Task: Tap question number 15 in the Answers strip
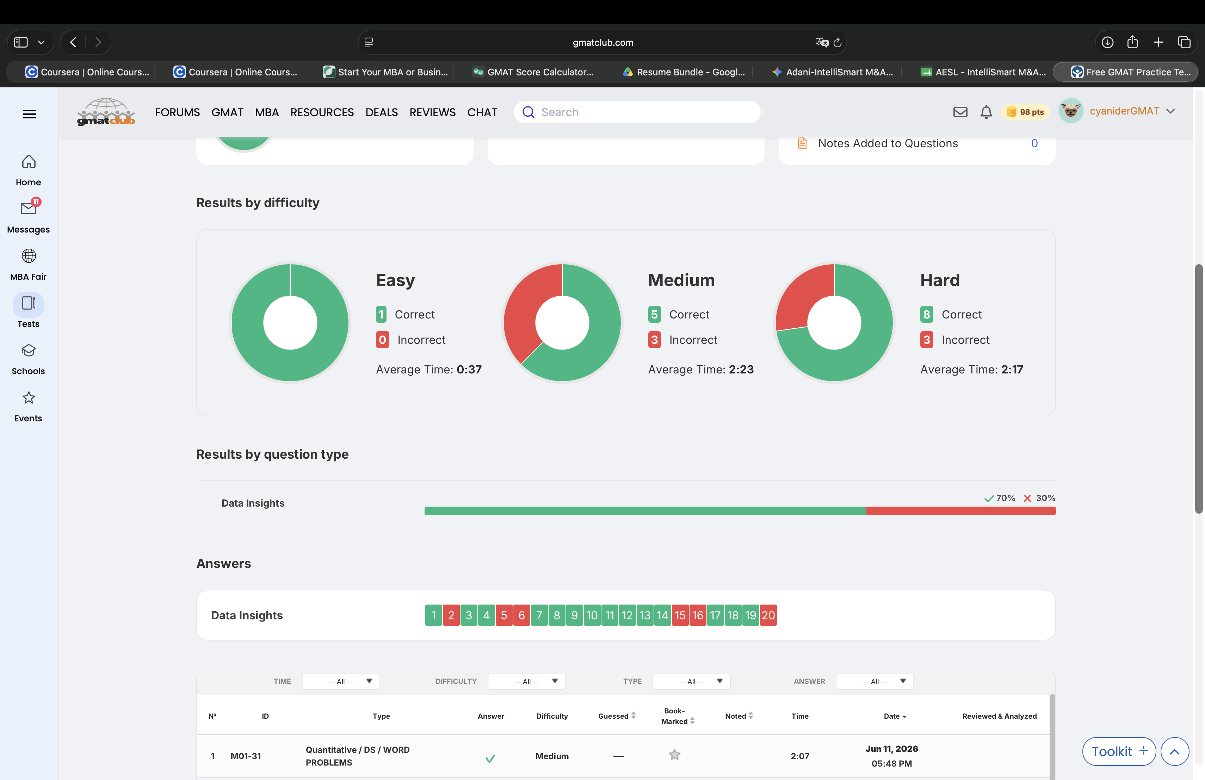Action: tap(680, 615)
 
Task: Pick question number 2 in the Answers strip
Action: tap(451, 615)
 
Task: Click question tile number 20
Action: tap(768, 615)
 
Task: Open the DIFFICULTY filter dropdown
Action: tap(526, 681)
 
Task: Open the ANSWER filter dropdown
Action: tap(875, 681)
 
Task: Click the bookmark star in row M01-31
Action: tap(674, 755)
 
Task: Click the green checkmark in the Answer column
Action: tap(490, 758)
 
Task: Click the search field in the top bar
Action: tap(637, 112)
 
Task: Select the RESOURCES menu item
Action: tap(322, 112)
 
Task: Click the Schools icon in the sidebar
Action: tap(28, 350)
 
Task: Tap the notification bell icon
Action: tap(986, 112)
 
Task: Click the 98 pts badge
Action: tap(1025, 112)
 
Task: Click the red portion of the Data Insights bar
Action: tap(961, 511)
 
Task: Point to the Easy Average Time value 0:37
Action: tap(469, 370)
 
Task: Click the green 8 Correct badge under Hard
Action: tap(927, 314)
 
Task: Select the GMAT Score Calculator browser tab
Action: tap(534, 72)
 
